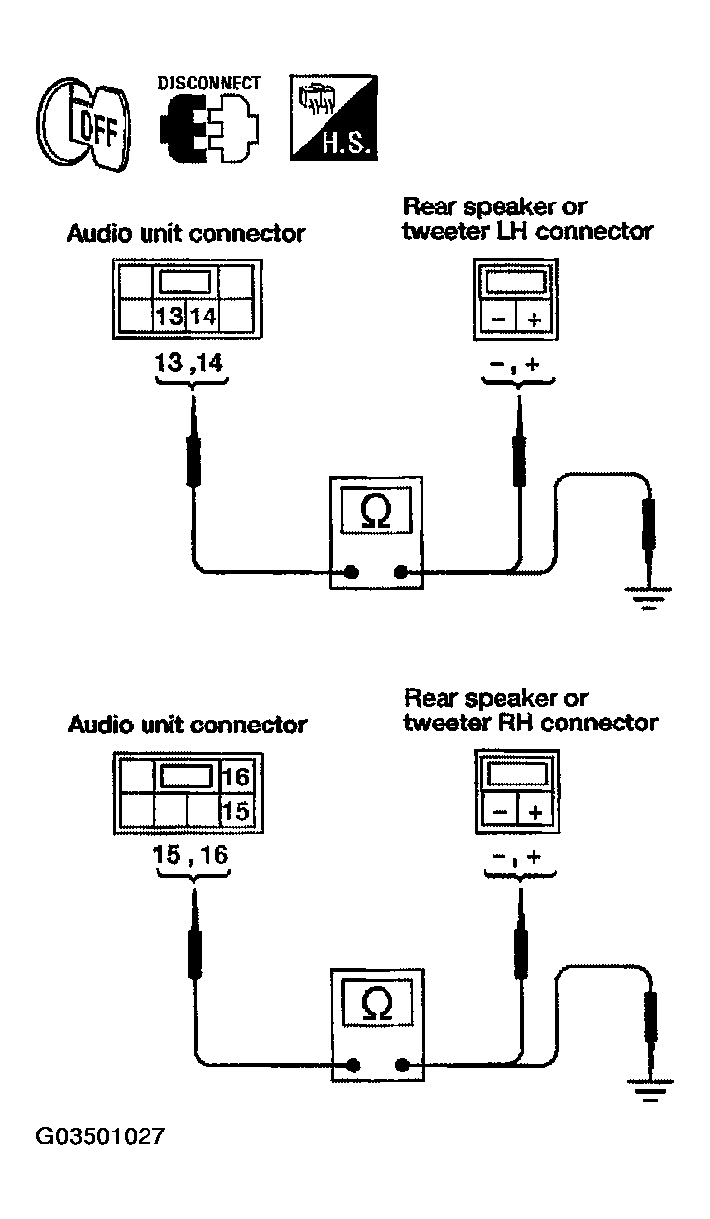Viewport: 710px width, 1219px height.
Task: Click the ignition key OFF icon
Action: pyautogui.click(x=84, y=124)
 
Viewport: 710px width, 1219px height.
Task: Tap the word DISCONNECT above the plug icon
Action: pyautogui.click(x=209, y=84)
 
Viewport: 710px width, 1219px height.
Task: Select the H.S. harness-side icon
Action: pyautogui.click(x=333, y=118)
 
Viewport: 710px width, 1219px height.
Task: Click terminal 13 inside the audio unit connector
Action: pyautogui.click(x=169, y=316)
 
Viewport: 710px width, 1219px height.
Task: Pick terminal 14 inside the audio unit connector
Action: pyautogui.click(x=202, y=316)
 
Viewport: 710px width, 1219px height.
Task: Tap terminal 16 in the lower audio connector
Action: pyautogui.click(x=236, y=777)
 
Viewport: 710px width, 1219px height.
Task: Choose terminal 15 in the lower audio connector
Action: pyautogui.click(x=236, y=811)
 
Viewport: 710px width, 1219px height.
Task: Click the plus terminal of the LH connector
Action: pyautogui.click(x=535, y=319)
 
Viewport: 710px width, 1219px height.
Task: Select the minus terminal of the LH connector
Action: pyautogui.click(x=499, y=319)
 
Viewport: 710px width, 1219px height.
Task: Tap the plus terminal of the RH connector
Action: pyautogui.click(x=536, y=812)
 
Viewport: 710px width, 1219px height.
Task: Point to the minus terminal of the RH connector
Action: pyautogui.click(x=500, y=812)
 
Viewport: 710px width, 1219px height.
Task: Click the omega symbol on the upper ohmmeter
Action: pyautogui.click(x=376, y=512)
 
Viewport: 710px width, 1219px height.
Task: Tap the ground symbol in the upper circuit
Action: pyautogui.click(x=648, y=598)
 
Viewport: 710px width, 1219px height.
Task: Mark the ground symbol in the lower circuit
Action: pyautogui.click(x=650, y=1090)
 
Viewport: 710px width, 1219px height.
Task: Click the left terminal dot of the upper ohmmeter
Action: pyautogui.click(x=352, y=572)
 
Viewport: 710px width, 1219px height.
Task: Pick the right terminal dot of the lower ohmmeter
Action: pyautogui.click(x=402, y=1065)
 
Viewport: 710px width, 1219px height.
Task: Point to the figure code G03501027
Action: pyautogui.click(x=100, y=1136)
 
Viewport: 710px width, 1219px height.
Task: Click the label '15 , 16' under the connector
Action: pyautogui.click(x=191, y=855)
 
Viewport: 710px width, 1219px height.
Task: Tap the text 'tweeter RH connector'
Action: pyautogui.click(x=531, y=724)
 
